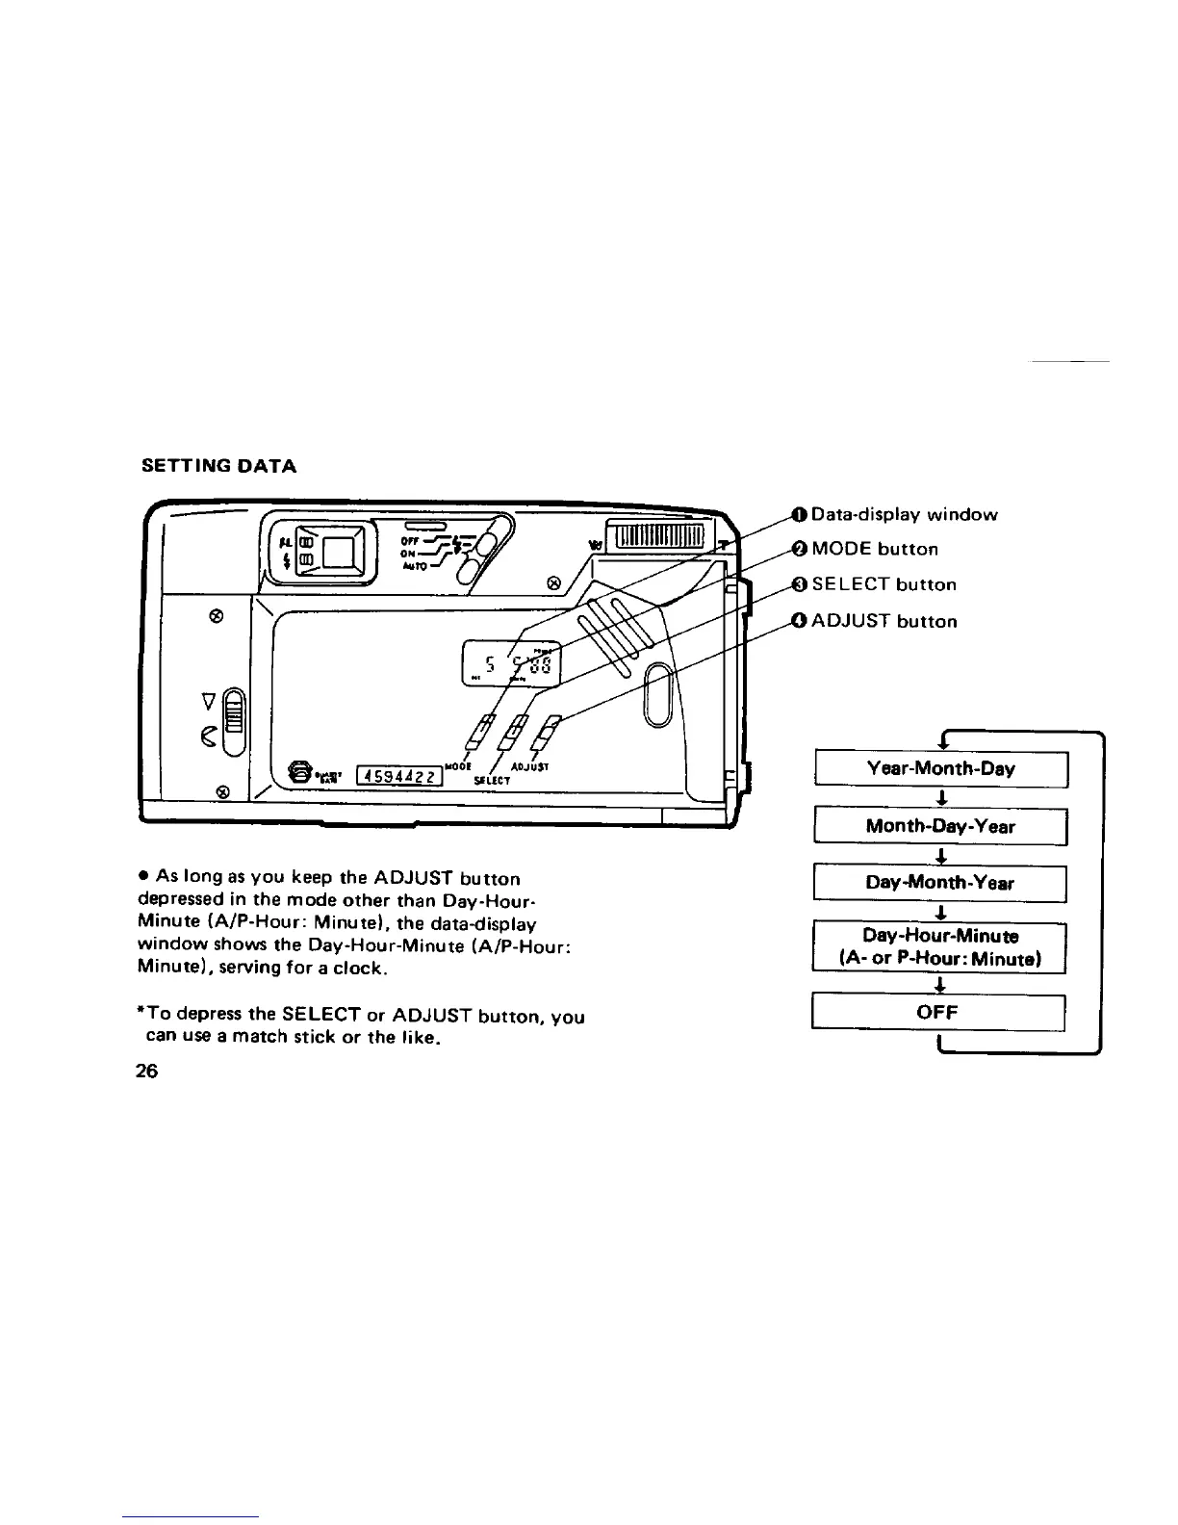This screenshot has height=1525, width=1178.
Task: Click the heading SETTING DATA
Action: coord(218,467)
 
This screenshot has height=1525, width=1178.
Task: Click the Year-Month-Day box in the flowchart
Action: coord(940,769)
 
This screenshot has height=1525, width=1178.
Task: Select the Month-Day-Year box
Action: coord(940,826)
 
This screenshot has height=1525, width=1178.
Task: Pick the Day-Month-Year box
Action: coord(940,883)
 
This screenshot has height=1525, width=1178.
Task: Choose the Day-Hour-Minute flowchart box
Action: coord(940,947)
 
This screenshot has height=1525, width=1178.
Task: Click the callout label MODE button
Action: coord(875,550)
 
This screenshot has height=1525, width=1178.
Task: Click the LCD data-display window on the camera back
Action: coord(511,662)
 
